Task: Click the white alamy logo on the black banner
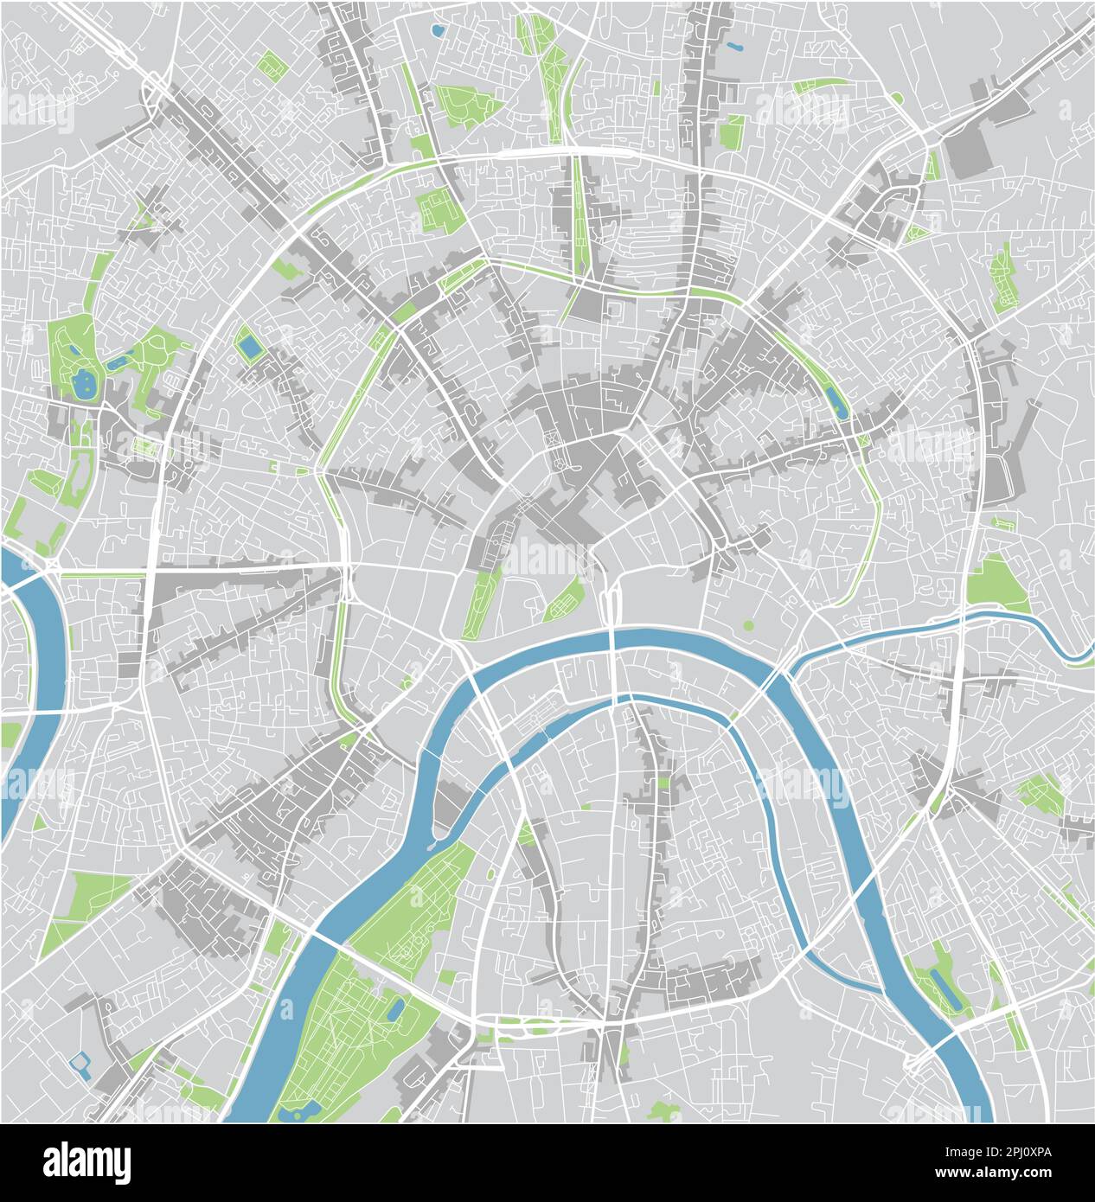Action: point(86,1162)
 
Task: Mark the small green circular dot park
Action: point(748,624)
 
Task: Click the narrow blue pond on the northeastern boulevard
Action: point(836,400)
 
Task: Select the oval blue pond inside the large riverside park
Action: point(396,1008)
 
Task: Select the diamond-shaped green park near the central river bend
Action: point(566,598)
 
